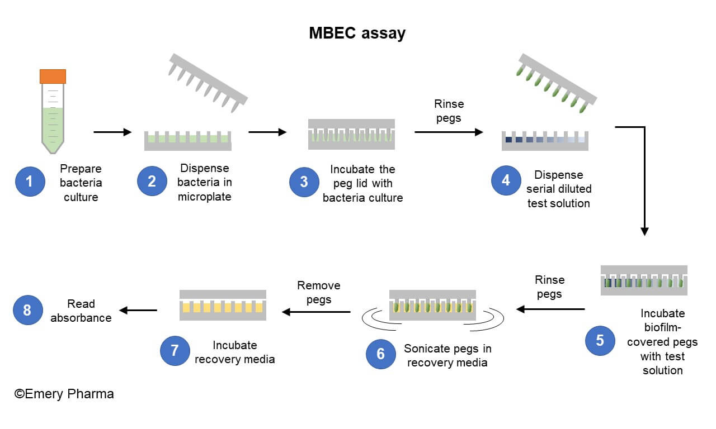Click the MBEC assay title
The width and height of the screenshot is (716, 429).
click(x=357, y=33)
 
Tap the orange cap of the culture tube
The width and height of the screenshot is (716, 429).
click(x=53, y=76)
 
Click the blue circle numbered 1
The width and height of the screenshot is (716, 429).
click(x=30, y=182)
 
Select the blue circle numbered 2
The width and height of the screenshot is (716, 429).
click(x=152, y=182)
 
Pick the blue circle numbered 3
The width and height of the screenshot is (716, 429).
click(x=304, y=182)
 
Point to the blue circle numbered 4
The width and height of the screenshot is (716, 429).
click(x=506, y=180)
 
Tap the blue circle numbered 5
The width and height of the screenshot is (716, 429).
click(x=600, y=340)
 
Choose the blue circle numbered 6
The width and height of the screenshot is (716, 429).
click(x=380, y=354)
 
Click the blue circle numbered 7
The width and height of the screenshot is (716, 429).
click(x=175, y=350)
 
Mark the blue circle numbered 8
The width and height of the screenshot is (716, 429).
click(x=27, y=310)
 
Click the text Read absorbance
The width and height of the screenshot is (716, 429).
click(x=81, y=311)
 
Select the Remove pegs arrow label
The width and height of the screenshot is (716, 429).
click(x=318, y=292)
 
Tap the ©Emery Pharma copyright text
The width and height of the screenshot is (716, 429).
click(x=64, y=394)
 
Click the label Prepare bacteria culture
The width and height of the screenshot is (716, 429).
click(x=81, y=183)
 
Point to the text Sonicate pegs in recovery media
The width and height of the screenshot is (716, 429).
click(x=447, y=355)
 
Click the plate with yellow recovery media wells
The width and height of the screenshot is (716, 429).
click(x=223, y=305)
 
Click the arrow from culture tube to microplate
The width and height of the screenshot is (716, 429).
click(x=112, y=132)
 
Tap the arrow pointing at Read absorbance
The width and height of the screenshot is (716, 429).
click(x=138, y=311)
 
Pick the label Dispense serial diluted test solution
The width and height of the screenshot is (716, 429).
click(x=558, y=189)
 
